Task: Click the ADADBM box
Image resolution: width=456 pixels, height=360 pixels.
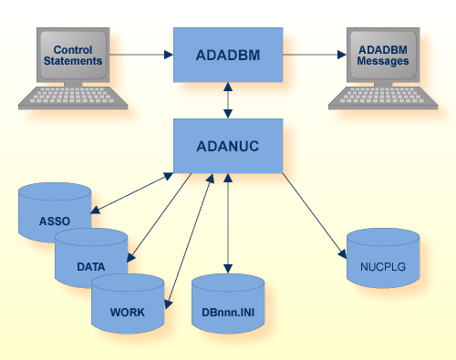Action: point(227,54)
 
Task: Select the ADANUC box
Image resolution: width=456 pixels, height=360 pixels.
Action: point(227,144)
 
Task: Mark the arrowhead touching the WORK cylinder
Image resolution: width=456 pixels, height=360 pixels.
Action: point(168,300)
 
